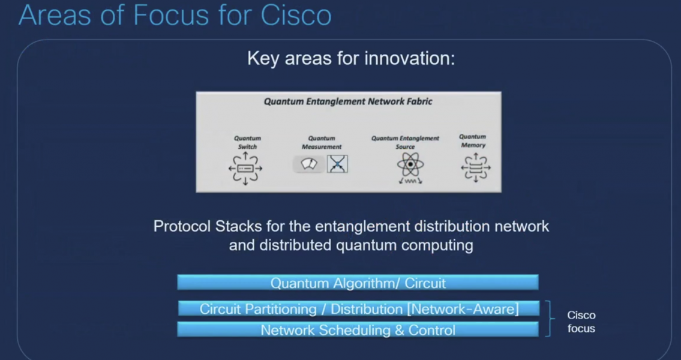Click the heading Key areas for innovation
point(351,59)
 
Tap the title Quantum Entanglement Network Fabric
point(348,101)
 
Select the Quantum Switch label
point(247,142)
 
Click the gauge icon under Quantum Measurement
point(309,164)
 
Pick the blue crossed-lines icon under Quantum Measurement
point(337,164)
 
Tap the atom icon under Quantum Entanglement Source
point(410,166)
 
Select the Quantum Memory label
point(473,141)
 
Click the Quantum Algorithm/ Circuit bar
point(358,283)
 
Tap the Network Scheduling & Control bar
point(358,330)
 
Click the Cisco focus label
point(581,322)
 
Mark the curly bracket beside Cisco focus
point(548,319)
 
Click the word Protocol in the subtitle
point(180,227)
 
